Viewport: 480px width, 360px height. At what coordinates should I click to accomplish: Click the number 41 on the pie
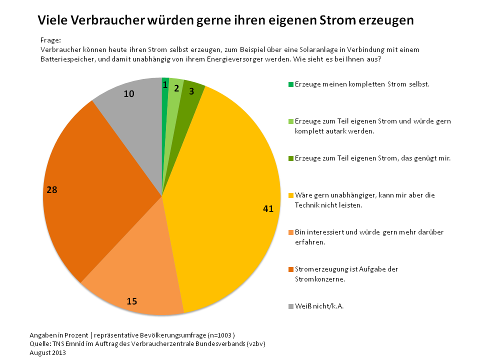coord(268,209)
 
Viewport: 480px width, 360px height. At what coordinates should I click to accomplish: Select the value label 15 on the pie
coord(131,301)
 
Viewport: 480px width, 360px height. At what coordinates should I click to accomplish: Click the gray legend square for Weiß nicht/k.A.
coord(291,306)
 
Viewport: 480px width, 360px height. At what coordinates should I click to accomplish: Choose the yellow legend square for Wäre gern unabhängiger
coord(291,195)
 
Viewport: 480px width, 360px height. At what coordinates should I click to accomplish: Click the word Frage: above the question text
coord(50,40)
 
